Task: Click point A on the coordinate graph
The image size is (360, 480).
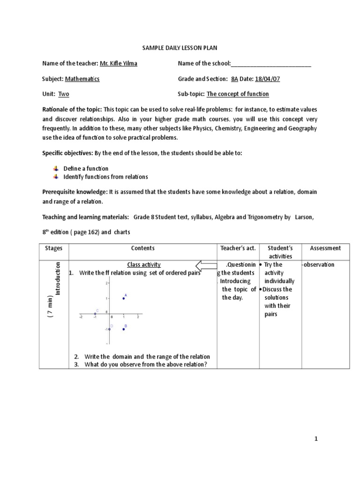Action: (123, 298)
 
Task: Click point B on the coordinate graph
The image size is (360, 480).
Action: (123, 329)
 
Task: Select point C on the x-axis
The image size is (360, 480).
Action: (95, 314)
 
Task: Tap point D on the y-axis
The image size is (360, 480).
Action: (109, 329)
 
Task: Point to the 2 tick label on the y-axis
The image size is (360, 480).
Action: (106, 283)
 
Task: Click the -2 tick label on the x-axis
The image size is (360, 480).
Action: (81, 317)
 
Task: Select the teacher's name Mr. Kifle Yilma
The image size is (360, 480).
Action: (119, 63)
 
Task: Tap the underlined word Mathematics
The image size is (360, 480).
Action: (82, 79)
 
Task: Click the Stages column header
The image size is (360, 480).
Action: (53, 248)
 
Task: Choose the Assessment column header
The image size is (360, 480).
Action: (325, 248)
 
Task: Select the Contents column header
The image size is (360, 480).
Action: (143, 248)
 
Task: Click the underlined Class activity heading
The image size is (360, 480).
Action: (144, 265)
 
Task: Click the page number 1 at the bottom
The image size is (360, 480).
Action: (316, 439)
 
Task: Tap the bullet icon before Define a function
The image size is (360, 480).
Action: (56, 168)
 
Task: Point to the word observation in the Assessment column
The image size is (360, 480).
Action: (319, 265)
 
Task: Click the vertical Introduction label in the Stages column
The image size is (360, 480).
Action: (58, 278)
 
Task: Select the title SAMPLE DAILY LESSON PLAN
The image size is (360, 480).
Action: (173, 48)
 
